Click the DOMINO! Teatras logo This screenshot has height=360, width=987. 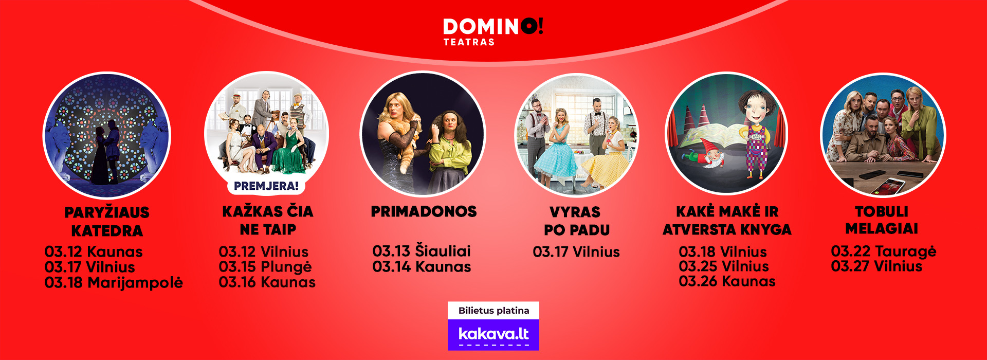click(x=493, y=32)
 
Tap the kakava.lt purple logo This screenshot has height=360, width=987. click(x=493, y=335)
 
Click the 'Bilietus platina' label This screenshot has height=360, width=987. click(x=493, y=311)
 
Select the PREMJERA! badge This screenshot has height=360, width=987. click(x=266, y=186)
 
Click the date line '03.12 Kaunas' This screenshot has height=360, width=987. click(x=94, y=251)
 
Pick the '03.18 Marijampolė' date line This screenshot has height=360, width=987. click(x=114, y=283)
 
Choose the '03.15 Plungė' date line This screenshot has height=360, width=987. click(x=265, y=267)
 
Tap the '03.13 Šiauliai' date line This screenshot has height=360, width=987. click(x=422, y=251)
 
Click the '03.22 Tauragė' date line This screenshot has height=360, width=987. click(x=884, y=251)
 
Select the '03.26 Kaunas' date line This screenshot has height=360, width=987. click(x=727, y=281)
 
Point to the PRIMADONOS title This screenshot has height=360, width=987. click(x=424, y=211)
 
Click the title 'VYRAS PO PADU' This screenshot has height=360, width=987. click(x=576, y=221)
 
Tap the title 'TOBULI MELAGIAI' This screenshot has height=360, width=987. click(x=882, y=220)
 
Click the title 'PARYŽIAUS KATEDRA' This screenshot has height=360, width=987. click(x=107, y=222)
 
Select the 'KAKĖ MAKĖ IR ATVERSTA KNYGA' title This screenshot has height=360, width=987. click(x=727, y=221)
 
